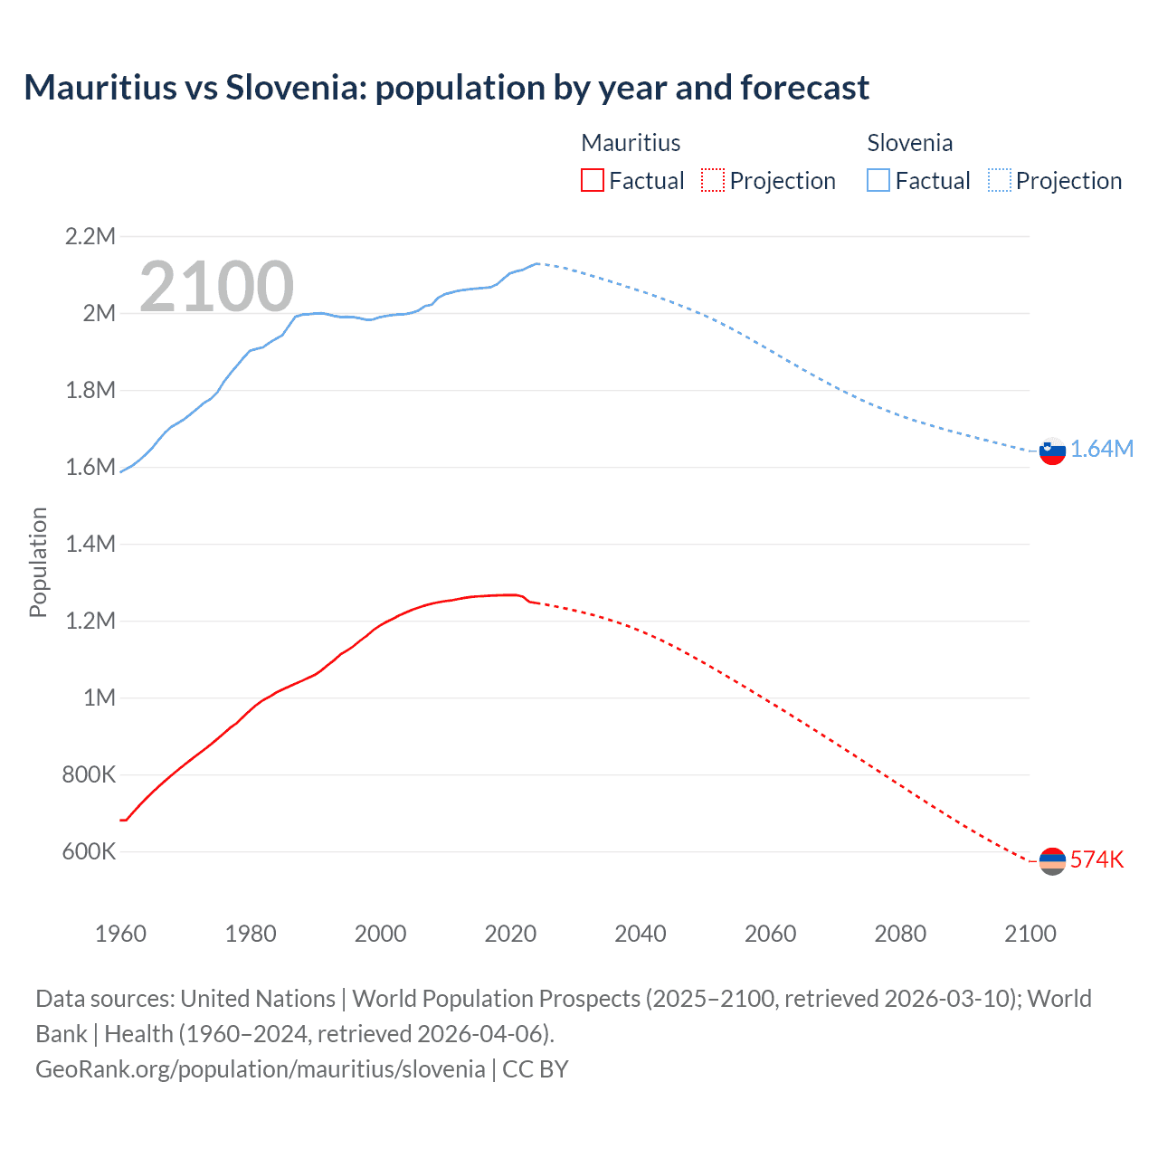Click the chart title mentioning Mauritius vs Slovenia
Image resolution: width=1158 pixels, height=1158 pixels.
click(x=446, y=88)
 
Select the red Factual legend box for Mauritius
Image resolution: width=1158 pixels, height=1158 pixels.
click(x=592, y=180)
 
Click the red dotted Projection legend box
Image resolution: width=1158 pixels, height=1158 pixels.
click(x=713, y=180)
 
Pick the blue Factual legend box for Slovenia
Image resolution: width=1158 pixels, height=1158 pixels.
click(x=878, y=180)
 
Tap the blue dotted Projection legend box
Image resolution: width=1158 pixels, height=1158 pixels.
click(x=1000, y=180)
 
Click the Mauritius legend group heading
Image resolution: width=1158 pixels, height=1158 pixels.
click(x=631, y=143)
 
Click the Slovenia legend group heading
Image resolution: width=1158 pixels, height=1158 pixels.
click(x=909, y=143)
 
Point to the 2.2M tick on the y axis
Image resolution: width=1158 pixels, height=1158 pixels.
click(x=90, y=237)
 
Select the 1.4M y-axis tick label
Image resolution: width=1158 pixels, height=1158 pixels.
click(x=90, y=544)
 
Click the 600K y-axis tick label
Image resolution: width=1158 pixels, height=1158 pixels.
click(x=89, y=851)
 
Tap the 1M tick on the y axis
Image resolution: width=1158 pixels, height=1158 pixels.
click(x=100, y=698)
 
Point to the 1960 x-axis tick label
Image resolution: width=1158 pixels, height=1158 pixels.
click(x=120, y=934)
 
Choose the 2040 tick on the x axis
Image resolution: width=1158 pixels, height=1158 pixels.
click(x=641, y=934)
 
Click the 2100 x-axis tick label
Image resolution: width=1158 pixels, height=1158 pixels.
click(x=1030, y=934)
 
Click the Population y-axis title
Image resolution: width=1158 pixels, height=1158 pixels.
click(x=38, y=562)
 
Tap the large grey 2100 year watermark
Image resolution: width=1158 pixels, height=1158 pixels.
click(x=216, y=287)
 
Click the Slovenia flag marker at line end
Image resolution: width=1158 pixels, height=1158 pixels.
click(x=1052, y=451)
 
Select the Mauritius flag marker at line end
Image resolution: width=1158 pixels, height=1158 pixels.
click(x=1052, y=860)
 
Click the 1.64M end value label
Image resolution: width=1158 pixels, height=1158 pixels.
click(x=1102, y=450)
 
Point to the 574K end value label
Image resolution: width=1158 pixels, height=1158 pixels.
click(x=1096, y=859)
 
